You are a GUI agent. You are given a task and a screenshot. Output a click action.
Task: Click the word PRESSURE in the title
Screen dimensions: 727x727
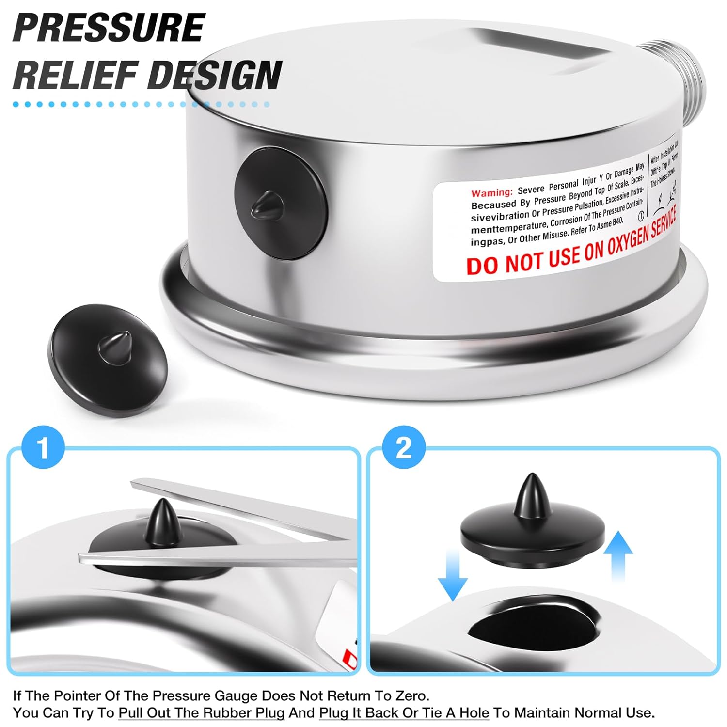[109, 28]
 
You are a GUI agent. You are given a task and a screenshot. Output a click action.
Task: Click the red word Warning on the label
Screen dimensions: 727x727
[491, 192]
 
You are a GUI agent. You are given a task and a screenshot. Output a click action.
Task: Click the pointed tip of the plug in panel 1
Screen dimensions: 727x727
[160, 509]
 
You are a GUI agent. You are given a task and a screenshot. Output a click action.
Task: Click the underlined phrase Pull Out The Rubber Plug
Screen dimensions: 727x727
[202, 713]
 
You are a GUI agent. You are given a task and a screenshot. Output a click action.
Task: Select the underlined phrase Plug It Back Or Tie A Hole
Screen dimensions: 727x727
[404, 713]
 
